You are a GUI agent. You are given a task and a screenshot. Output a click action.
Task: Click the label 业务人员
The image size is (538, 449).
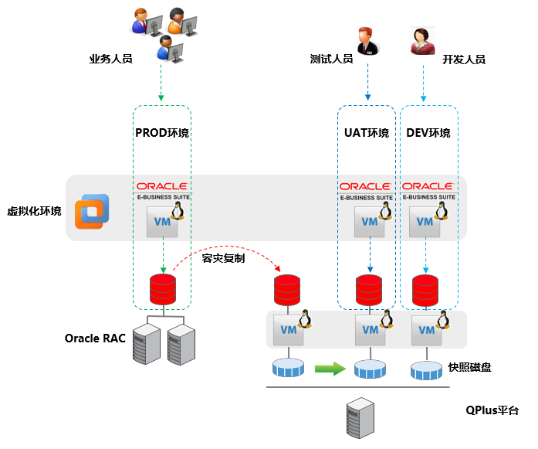[110, 59]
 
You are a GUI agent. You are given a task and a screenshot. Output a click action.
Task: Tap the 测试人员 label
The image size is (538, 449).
[331, 59]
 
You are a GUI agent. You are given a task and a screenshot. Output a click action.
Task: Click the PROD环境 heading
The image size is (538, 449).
[162, 133]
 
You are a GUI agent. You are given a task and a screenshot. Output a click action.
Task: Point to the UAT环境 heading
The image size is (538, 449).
[367, 133]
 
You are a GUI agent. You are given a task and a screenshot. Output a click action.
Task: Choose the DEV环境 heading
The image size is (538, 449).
[428, 133]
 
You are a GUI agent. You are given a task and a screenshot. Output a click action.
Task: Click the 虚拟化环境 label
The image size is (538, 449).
[34, 211]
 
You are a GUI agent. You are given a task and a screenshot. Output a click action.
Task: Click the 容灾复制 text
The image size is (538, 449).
[223, 258]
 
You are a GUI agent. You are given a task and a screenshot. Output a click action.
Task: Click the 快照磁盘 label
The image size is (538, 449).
[469, 367]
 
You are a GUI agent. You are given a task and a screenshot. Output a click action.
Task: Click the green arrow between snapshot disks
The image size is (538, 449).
[330, 369]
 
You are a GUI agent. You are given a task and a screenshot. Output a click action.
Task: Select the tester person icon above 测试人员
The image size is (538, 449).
[366, 40]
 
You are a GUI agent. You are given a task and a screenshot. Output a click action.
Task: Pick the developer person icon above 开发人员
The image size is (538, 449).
[421, 40]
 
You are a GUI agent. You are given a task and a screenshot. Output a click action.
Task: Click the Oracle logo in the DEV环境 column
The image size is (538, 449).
[428, 186]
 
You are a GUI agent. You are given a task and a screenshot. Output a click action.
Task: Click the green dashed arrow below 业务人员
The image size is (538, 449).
[161, 82]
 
